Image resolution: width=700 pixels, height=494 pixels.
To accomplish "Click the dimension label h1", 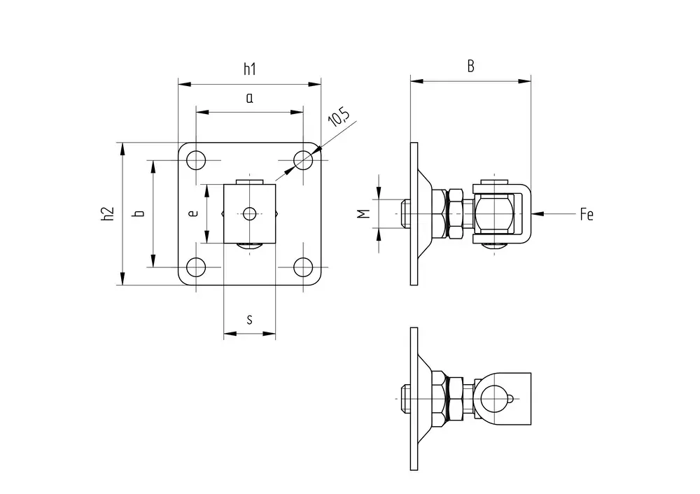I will click(x=249, y=69).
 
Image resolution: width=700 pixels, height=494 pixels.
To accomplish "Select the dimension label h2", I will click(x=107, y=214).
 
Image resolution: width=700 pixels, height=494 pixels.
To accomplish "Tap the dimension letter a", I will click(x=249, y=98).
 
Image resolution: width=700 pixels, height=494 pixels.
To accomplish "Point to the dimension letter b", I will click(x=139, y=213).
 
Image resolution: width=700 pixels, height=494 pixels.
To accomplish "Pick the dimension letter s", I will click(x=250, y=320).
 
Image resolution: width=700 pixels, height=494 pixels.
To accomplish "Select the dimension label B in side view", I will click(x=471, y=66).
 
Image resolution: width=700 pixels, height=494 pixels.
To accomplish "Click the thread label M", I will click(x=364, y=213).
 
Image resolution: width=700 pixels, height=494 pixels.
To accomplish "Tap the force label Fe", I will click(x=587, y=215).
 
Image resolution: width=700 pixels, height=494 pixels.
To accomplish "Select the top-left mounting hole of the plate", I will click(x=197, y=160).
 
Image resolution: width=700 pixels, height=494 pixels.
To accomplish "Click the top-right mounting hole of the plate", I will click(x=303, y=160).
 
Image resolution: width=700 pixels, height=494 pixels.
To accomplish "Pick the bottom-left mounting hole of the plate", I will click(x=197, y=267).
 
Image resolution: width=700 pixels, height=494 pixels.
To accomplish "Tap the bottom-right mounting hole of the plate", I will click(x=303, y=267).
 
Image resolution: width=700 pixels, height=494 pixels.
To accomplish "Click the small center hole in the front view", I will click(x=249, y=213).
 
